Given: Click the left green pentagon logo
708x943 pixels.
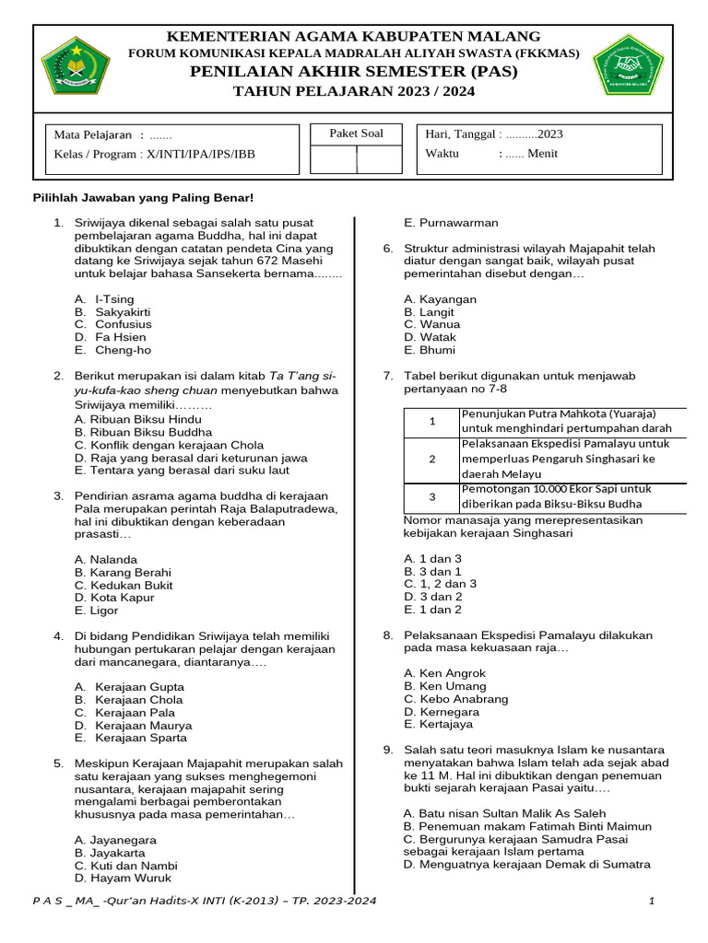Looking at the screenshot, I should click(76, 66).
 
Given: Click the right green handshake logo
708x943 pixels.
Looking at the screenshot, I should click(627, 66).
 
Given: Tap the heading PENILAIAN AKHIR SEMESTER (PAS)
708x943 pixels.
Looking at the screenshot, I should click(354, 72).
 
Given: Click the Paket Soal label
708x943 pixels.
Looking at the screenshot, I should click(356, 134).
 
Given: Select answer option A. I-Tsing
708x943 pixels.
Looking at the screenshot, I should click(104, 299).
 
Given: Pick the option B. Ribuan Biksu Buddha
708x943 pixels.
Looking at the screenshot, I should click(143, 432).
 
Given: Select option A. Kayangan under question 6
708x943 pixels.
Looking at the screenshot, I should click(440, 299).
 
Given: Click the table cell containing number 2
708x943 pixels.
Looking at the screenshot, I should click(431, 459).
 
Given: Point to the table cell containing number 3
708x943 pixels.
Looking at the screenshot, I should click(431, 497).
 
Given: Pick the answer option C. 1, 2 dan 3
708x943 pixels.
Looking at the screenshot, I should click(440, 584).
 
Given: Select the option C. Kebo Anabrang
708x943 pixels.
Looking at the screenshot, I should click(455, 699).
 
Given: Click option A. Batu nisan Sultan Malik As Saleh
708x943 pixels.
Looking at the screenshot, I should click(504, 814).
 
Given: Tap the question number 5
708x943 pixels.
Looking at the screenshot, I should click(57, 763).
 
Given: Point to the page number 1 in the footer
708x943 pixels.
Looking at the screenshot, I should click(651, 901).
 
